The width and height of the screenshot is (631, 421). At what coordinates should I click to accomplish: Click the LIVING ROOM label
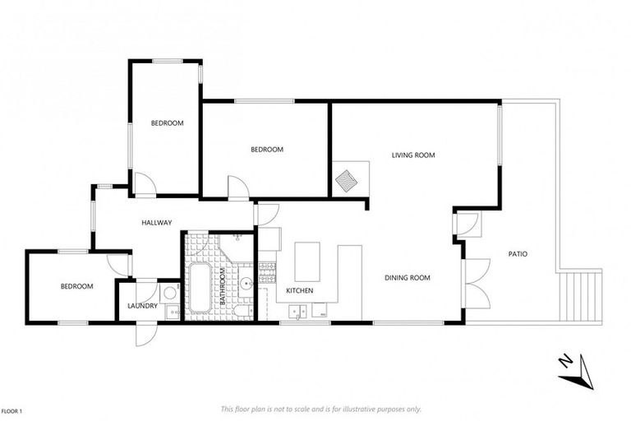click(x=412, y=155)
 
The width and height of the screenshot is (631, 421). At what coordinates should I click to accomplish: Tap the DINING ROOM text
click(x=408, y=278)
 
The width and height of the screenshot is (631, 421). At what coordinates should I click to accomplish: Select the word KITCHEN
click(x=300, y=291)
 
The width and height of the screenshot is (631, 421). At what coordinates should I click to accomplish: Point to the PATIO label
click(x=517, y=254)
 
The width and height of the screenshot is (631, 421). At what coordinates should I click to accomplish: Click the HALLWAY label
click(x=156, y=222)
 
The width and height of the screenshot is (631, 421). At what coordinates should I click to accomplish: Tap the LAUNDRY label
click(x=142, y=307)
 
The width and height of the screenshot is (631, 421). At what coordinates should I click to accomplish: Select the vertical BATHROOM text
click(x=222, y=288)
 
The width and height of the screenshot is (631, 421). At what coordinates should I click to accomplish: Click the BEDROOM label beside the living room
click(x=267, y=150)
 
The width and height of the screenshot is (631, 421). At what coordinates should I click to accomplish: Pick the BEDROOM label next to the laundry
click(x=76, y=286)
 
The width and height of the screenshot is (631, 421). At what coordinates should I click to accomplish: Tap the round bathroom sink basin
click(x=245, y=285)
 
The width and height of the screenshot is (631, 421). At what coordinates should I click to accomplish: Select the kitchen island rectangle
click(x=307, y=261)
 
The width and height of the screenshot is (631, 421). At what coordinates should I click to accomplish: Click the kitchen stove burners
click(x=266, y=273)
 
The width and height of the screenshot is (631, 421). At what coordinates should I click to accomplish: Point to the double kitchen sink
click(x=300, y=311)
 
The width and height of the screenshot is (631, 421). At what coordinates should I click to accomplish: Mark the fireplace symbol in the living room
click(x=346, y=179)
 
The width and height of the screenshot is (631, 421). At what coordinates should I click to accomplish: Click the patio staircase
click(x=583, y=296)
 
